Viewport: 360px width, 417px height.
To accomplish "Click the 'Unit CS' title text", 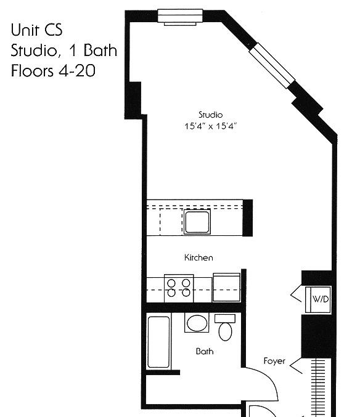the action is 37,30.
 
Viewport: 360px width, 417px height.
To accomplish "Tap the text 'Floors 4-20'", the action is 53,71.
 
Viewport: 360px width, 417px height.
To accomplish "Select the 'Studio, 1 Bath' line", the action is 64,50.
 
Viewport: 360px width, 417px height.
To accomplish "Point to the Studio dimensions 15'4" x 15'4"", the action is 210,126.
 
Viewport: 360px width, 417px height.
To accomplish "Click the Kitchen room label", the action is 198,257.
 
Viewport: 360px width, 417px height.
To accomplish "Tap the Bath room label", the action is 204,351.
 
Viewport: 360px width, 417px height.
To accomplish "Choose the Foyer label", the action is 274,361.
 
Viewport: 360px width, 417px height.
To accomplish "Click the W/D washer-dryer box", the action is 318,299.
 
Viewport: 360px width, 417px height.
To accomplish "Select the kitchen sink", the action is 197,222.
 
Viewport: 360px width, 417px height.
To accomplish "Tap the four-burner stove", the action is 179,288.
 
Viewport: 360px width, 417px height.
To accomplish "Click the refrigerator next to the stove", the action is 226,287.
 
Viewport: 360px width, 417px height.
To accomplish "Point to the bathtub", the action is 158,342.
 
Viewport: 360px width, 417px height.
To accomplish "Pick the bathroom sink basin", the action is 197,323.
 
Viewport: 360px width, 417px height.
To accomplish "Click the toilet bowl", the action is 225,331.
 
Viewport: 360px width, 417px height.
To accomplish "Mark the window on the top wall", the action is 180,17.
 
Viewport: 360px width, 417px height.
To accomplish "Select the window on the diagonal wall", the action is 272,65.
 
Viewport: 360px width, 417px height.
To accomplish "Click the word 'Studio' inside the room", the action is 210,115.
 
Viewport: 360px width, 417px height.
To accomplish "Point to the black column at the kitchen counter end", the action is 247,217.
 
